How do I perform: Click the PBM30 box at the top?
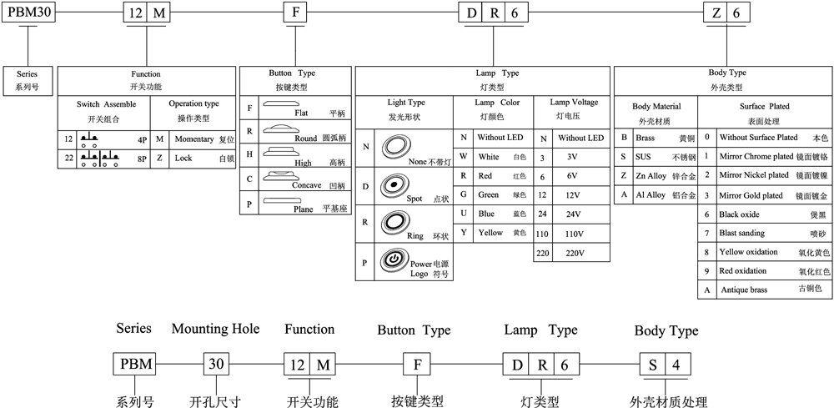click(x=28, y=13)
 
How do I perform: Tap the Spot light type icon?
click(x=394, y=184)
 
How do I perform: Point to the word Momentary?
click(x=194, y=139)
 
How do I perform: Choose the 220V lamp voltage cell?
click(x=571, y=253)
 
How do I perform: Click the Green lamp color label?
click(x=488, y=194)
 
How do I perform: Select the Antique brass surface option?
click(x=744, y=290)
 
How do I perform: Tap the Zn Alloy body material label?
click(x=651, y=175)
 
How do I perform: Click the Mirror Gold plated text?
click(x=751, y=196)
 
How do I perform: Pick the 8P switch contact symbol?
click(x=99, y=159)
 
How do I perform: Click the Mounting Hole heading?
click(x=215, y=330)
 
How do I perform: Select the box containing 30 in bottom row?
click(x=217, y=365)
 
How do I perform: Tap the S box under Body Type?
click(x=653, y=365)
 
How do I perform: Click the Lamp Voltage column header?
click(x=574, y=102)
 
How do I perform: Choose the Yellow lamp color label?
click(x=490, y=233)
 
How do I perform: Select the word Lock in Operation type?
click(x=183, y=159)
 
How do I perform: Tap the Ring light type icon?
click(x=394, y=222)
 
